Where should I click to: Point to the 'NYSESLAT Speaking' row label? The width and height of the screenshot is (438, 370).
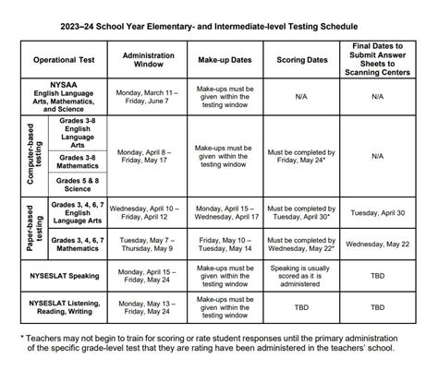click(x=62, y=274)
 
